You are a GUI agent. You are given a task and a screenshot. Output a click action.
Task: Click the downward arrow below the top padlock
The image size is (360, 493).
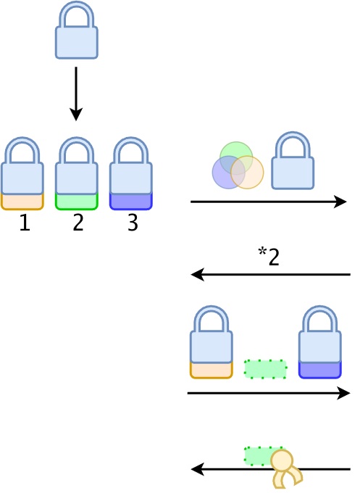click(x=76, y=94)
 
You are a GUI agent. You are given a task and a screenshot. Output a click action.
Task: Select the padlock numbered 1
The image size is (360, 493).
click(x=22, y=173)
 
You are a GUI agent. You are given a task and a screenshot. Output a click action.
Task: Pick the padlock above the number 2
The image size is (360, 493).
click(x=77, y=173)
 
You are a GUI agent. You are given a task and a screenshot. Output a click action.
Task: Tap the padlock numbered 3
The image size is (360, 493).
click(x=131, y=173)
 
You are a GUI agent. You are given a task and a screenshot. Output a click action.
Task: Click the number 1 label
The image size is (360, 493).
click(x=25, y=223)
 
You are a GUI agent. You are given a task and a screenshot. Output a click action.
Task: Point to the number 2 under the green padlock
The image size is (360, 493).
click(x=78, y=223)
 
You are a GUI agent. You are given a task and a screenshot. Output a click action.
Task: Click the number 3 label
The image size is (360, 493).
click(x=133, y=223)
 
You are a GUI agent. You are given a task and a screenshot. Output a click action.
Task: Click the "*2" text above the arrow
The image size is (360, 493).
click(x=269, y=257)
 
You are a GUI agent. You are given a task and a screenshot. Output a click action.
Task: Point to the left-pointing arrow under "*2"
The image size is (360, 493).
click(x=270, y=275)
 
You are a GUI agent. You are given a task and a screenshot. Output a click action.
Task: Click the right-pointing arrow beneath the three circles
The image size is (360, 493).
click(x=269, y=202)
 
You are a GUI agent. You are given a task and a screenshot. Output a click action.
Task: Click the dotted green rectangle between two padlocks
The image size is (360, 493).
click(x=265, y=369)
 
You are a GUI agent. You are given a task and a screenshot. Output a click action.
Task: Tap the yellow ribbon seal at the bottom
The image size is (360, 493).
click(x=284, y=468)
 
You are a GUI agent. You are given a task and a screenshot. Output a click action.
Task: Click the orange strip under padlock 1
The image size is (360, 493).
click(x=22, y=202)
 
